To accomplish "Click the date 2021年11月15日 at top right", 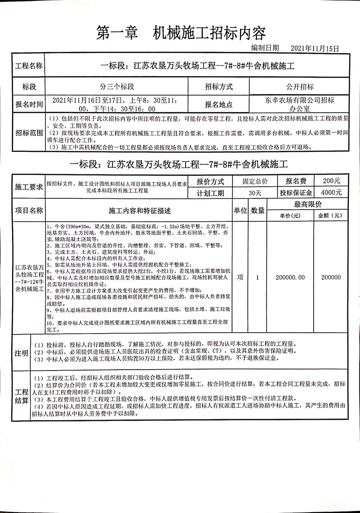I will [x=314, y=48].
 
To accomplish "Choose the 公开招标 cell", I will [x=299, y=87].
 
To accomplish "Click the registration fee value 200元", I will [x=332, y=181].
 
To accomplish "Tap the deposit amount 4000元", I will [x=332, y=192].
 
